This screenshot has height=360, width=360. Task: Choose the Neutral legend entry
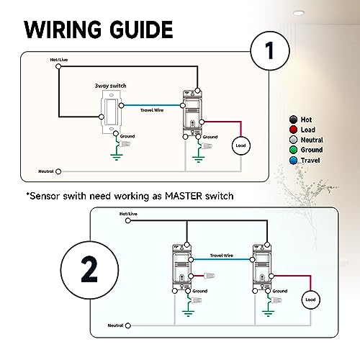tap(310, 139)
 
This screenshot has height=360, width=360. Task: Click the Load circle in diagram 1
tap(240, 146)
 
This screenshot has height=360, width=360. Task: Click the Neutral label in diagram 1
tap(47, 171)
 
